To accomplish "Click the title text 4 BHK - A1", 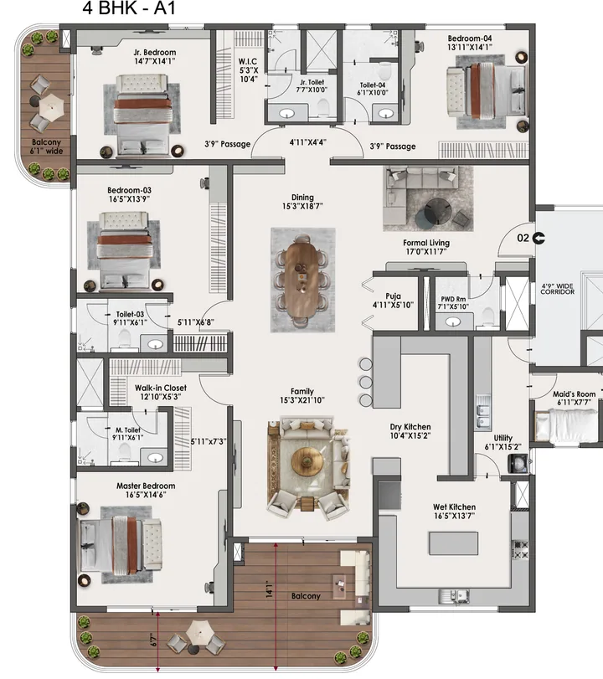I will [x=129, y=11].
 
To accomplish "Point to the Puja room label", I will [x=393, y=296].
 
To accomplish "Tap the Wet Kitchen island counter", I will [x=454, y=543].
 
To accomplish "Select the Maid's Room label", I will [x=574, y=394].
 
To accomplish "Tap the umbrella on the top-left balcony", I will [x=51, y=105].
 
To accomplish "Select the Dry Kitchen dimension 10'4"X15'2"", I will [x=410, y=435].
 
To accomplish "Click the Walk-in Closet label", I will [x=161, y=388].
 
